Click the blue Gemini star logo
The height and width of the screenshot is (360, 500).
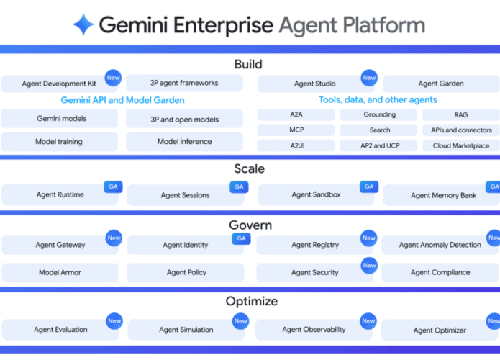83,25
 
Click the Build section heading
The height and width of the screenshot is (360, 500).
248,65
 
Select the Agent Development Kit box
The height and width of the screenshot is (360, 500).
59,84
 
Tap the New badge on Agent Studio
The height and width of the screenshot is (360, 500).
369,78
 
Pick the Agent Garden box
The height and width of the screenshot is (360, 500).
440,84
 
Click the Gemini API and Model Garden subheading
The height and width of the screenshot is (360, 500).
122,100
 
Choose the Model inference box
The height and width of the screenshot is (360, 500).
184,141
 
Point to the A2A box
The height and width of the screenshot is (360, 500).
296,115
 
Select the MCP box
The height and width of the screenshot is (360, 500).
296,130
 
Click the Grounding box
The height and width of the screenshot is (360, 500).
379,115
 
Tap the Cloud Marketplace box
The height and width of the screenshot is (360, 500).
460,145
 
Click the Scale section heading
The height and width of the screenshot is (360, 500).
249,169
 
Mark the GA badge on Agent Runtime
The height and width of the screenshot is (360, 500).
113,186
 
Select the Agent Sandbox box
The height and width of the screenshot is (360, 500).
316,194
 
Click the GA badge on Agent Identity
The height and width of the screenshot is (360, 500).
241,238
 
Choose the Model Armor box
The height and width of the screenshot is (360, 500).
60,273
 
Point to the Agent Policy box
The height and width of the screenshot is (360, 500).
186,273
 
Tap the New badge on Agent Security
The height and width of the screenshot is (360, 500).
369,266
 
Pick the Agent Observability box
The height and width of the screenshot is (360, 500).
314,330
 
